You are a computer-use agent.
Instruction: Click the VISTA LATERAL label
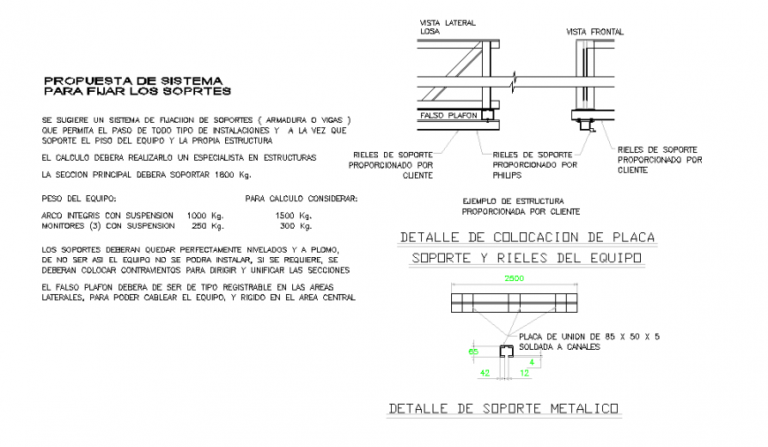pyautogui.click(x=448, y=21)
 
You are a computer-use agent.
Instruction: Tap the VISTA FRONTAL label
pyautogui.click(x=594, y=32)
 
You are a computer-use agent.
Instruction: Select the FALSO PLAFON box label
pyautogui.click(x=448, y=115)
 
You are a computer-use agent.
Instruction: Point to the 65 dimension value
pyautogui.click(x=473, y=352)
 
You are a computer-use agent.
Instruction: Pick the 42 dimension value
pyautogui.click(x=484, y=374)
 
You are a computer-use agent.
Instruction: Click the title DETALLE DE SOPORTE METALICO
pyautogui.click(x=503, y=408)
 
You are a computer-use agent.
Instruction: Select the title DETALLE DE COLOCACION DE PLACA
pyautogui.click(x=527, y=238)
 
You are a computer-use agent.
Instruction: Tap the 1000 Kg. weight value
pyautogui.click(x=205, y=215)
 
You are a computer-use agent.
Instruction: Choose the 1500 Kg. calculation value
pyautogui.click(x=293, y=215)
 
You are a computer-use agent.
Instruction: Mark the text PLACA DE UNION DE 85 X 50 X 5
pyautogui.click(x=590, y=337)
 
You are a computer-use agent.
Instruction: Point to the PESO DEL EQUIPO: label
pyautogui.click(x=79, y=199)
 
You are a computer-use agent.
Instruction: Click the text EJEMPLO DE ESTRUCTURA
pyautogui.click(x=513, y=201)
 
